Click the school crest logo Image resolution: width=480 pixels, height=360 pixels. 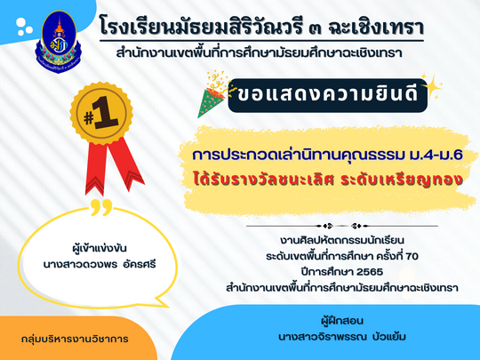pos(59,41)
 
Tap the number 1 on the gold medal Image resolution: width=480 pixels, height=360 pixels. pos(106,113)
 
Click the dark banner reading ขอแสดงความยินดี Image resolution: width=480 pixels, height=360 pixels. pos(327,95)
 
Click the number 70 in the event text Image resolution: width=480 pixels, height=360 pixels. pos(412,256)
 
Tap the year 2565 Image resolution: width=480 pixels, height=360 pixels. pos(370,272)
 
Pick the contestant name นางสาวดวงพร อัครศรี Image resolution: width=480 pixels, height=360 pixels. pos(100,264)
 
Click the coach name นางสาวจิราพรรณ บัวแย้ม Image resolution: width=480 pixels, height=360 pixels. pos(342,337)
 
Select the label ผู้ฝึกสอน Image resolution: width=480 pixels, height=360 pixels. pos(342,321)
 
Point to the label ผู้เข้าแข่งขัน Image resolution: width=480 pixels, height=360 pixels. pos(100,247)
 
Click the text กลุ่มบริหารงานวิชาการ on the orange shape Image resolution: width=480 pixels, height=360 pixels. pos(75,339)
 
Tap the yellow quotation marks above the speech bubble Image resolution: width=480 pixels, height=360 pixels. pos(101,207)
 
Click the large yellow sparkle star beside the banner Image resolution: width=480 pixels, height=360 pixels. pos(431,87)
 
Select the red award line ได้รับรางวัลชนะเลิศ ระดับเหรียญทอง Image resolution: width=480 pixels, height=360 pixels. pos(327,180)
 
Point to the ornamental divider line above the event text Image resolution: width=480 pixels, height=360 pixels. pos(342,227)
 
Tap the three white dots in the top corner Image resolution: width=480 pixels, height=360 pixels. pos(24,27)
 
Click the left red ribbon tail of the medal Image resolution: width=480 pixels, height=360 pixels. pos(96,168)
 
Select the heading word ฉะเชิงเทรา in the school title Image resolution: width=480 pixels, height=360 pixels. pos(376,28)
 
